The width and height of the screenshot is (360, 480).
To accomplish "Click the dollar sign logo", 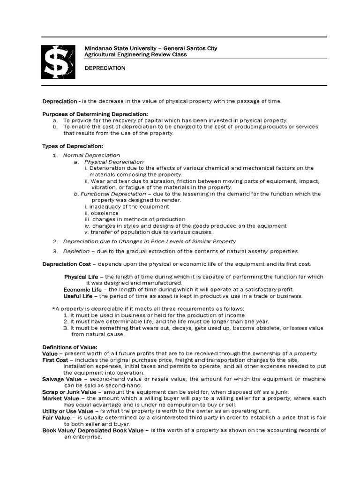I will pos(57,62).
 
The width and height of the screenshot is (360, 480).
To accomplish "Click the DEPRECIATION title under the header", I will pos(105,68).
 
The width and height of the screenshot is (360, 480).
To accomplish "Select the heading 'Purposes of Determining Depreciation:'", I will pos(95,114).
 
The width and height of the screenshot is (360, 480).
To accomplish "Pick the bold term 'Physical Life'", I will pos(81,277).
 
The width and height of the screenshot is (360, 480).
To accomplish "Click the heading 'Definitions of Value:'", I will pos(69,347).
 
